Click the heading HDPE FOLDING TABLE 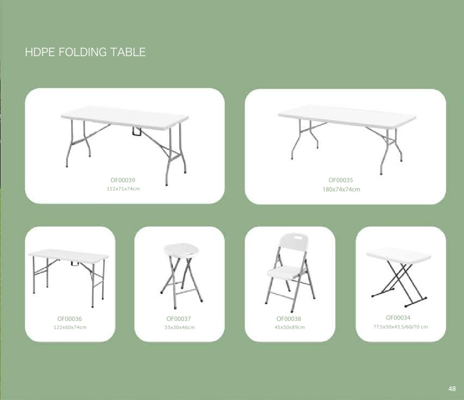pyautogui.click(x=85, y=52)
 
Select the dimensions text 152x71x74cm pyautogui.click(x=123, y=189)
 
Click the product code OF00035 pyautogui.click(x=340, y=180)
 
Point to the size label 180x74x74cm pyautogui.click(x=341, y=189)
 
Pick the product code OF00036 pyautogui.click(x=69, y=319)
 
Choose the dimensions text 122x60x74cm pyautogui.click(x=70, y=327)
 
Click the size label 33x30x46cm pyautogui.click(x=179, y=327)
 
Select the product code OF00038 pyautogui.click(x=289, y=319)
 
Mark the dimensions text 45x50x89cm pyautogui.click(x=289, y=327)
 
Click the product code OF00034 pyautogui.click(x=398, y=318)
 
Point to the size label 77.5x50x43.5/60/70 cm pyautogui.click(x=400, y=327)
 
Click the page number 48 pyautogui.click(x=452, y=388)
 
